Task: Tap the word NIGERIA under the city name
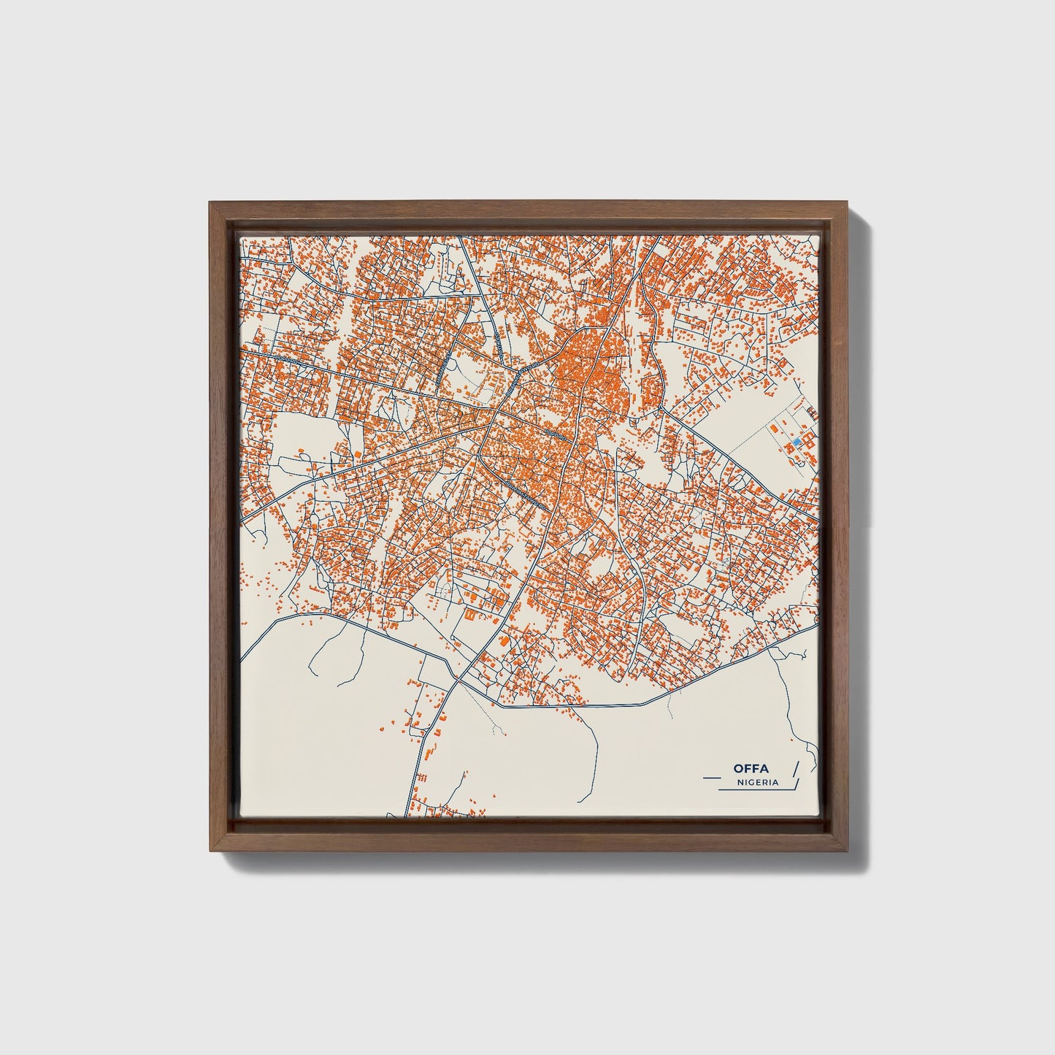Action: pyautogui.click(x=757, y=782)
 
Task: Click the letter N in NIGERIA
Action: pyautogui.click(x=740, y=782)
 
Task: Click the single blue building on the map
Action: pyautogui.click(x=797, y=442)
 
